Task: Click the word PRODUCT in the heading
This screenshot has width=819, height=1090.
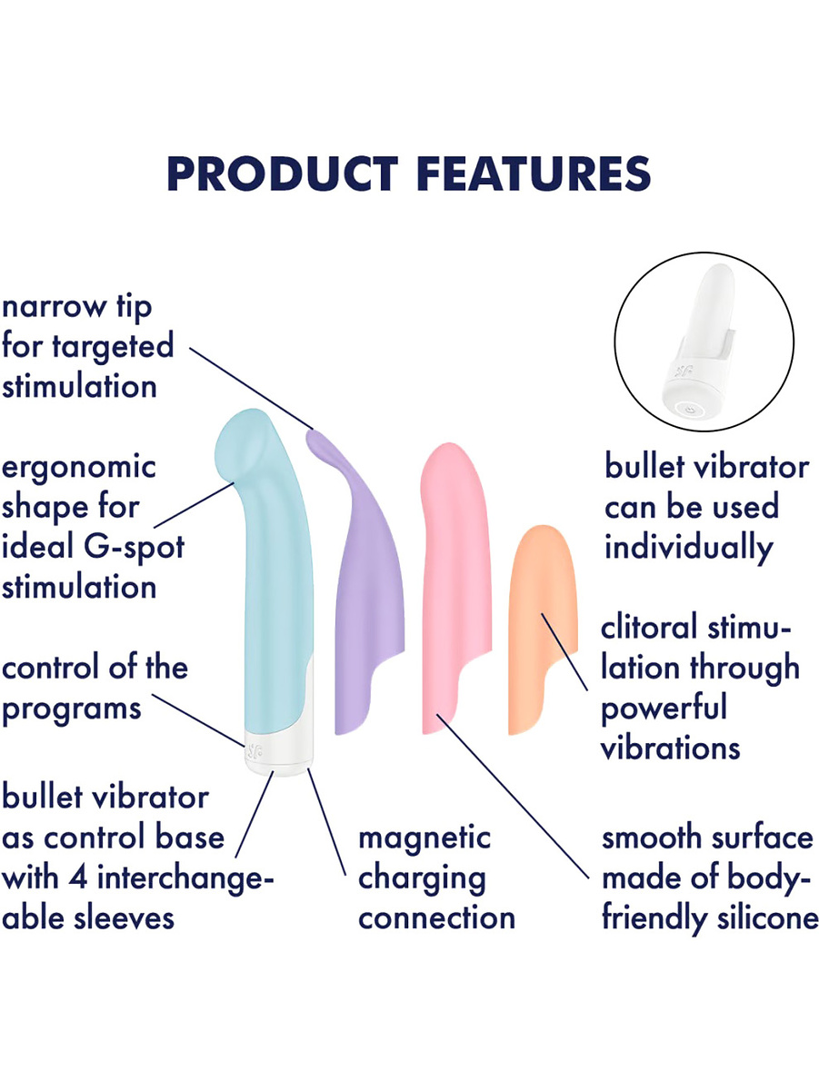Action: click(x=283, y=173)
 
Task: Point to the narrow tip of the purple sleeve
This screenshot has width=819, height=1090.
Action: click(x=313, y=435)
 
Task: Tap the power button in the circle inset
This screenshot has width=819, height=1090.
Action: click(x=689, y=410)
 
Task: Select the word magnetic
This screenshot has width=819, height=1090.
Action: click(x=424, y=837)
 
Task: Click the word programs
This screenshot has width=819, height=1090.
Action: click(x=72, y=710)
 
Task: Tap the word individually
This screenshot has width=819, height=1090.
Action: click(x=689, y=549)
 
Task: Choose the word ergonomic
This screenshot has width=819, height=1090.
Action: click(x=79, y=467)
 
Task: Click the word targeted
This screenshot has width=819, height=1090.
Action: click(x=113, y=347)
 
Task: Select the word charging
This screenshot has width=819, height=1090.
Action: click(x=422, y=879)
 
